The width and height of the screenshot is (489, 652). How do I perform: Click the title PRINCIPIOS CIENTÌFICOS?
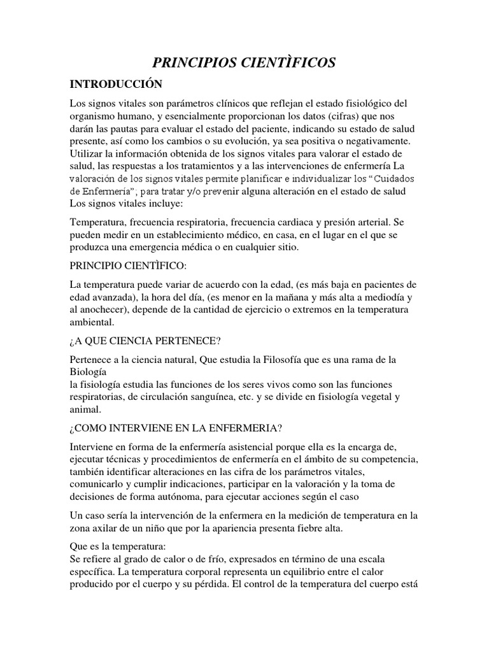244,62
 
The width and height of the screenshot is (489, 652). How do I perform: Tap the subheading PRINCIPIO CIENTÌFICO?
129,264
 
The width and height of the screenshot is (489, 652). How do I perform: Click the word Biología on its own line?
89,371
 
